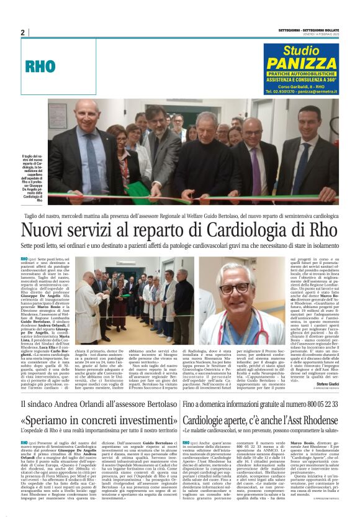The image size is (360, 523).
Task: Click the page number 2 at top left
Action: click(x=23, y=32)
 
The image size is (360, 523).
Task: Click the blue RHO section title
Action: click(x=40, y=66)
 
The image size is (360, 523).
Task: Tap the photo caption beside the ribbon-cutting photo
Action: click(x=32, y=178)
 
